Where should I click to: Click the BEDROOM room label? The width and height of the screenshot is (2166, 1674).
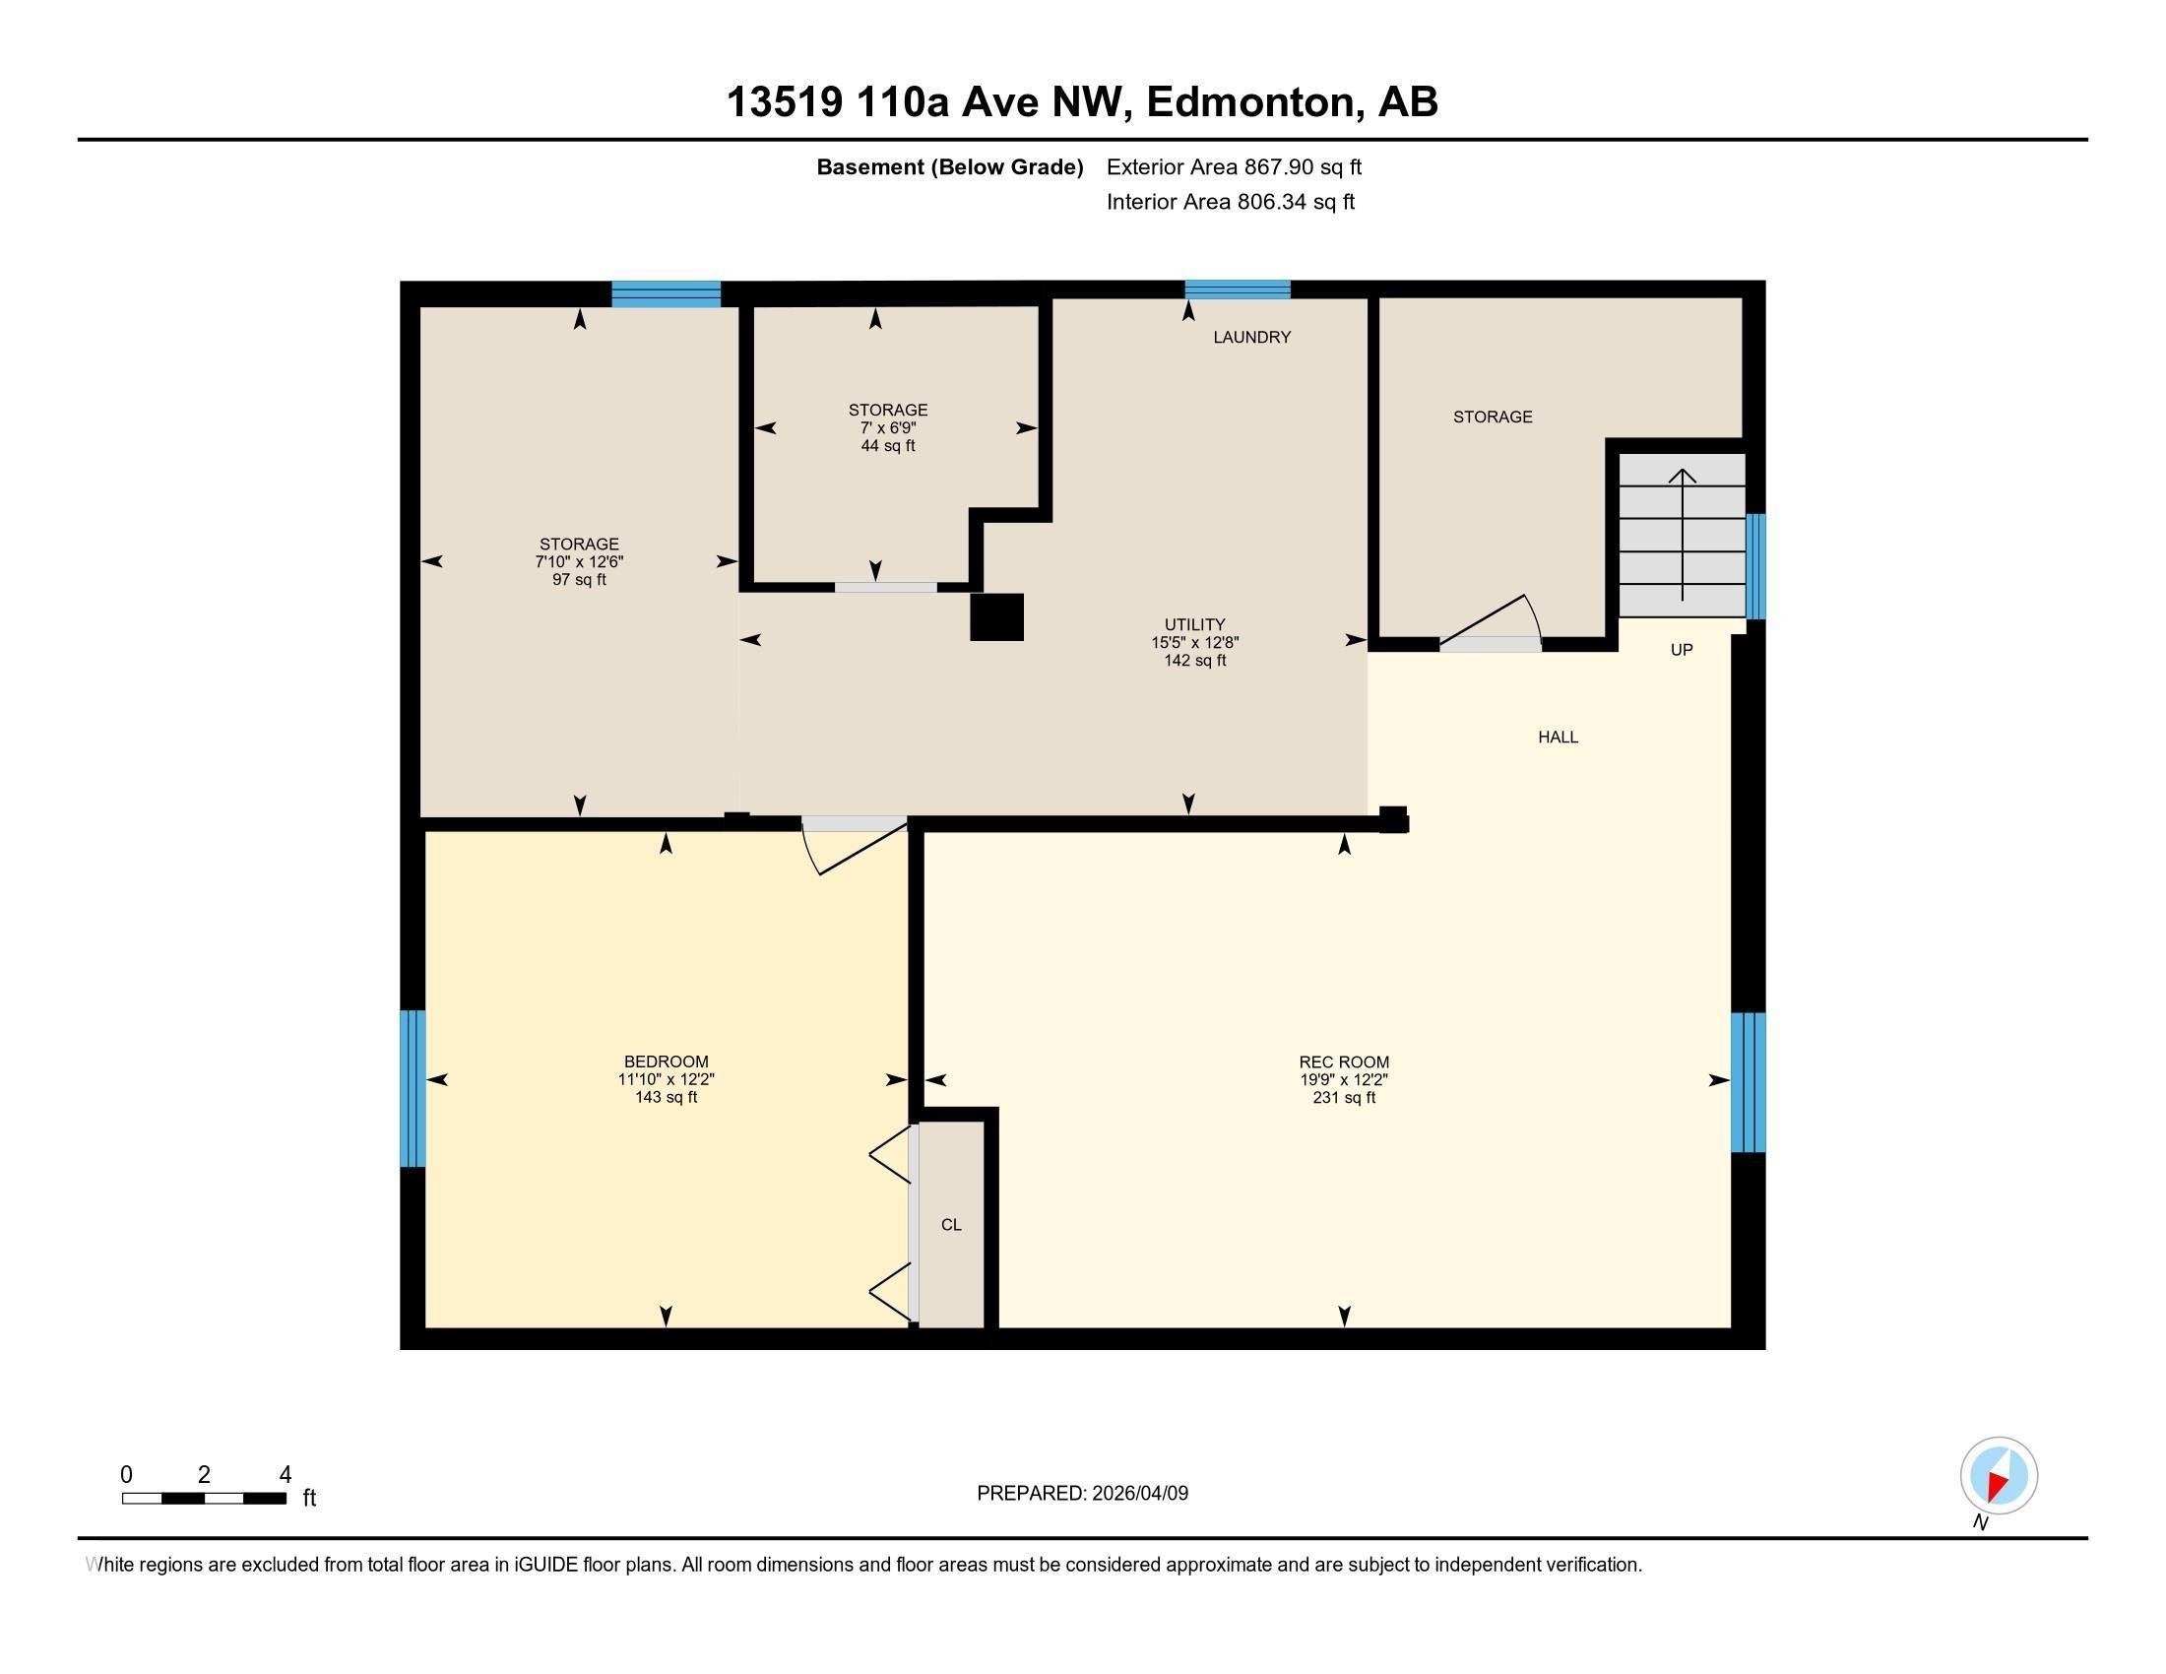[666, 1062]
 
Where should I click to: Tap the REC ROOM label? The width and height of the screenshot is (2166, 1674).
[1344, 1062]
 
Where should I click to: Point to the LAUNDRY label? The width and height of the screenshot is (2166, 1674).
[1251, 337]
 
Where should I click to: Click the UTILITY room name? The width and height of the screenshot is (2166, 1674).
[1194, 624]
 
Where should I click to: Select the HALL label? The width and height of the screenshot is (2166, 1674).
[1559, 737]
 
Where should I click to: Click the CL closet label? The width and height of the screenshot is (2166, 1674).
[951, 1225]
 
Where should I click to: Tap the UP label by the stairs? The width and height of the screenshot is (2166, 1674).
[1681, 650]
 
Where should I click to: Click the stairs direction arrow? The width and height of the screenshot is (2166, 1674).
[1682, 535]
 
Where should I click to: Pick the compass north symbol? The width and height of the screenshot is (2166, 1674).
[1999, 1475]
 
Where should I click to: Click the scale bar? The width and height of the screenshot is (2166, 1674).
[205, 1499]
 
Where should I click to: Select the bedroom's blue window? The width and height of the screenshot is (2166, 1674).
[413, 1088]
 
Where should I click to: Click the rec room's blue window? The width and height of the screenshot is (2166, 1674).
[1748, 1082]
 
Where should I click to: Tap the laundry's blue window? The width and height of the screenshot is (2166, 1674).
[1238, 290]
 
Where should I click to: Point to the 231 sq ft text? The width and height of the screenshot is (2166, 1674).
[1344, 1098]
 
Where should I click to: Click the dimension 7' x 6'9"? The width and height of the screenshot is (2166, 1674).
[888, 427]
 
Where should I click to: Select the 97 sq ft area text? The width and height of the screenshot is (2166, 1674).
[579, 579]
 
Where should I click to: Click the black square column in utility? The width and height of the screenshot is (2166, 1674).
[996, 616]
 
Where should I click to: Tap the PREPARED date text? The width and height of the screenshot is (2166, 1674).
[1082, 1493]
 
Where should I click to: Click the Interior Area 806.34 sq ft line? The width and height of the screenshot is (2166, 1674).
[1230, 202]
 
